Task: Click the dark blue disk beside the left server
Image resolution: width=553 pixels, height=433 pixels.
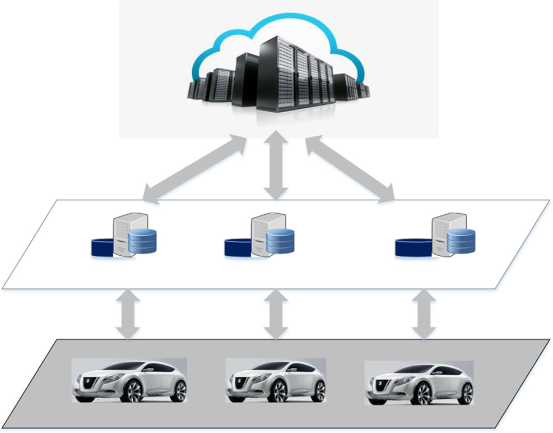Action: [103, 247]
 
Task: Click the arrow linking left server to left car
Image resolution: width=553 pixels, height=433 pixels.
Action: [129, 314]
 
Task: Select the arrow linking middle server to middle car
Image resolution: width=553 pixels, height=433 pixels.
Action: [275, 314]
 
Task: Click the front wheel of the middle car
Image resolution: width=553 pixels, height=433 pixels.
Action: [279, 391]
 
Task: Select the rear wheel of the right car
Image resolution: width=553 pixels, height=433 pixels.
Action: [465, 391]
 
